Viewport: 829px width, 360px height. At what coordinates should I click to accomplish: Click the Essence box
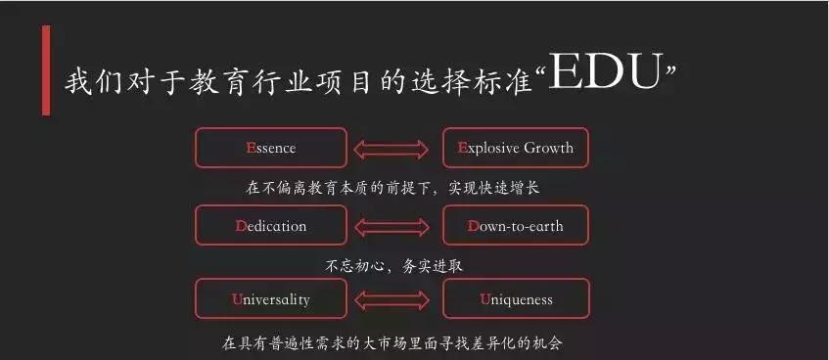271,148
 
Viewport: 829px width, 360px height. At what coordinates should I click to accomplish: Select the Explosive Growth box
516,148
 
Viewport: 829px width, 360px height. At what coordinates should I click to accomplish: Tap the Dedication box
271,225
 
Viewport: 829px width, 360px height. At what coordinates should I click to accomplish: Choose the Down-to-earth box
516,225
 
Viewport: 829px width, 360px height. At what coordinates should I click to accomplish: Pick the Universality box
271,298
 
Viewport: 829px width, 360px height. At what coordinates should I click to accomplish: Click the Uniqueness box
516,298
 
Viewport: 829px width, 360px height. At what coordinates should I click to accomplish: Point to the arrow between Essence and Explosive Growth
393,149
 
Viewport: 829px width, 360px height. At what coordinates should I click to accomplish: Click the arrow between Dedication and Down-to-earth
393,226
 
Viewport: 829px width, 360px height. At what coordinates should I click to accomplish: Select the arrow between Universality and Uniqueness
393,299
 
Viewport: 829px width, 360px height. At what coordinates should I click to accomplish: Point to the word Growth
549,149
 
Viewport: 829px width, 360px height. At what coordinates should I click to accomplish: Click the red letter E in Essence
252,149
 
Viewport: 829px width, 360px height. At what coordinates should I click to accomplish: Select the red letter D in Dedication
241,226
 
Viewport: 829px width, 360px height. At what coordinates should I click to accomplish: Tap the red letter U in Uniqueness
484,299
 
